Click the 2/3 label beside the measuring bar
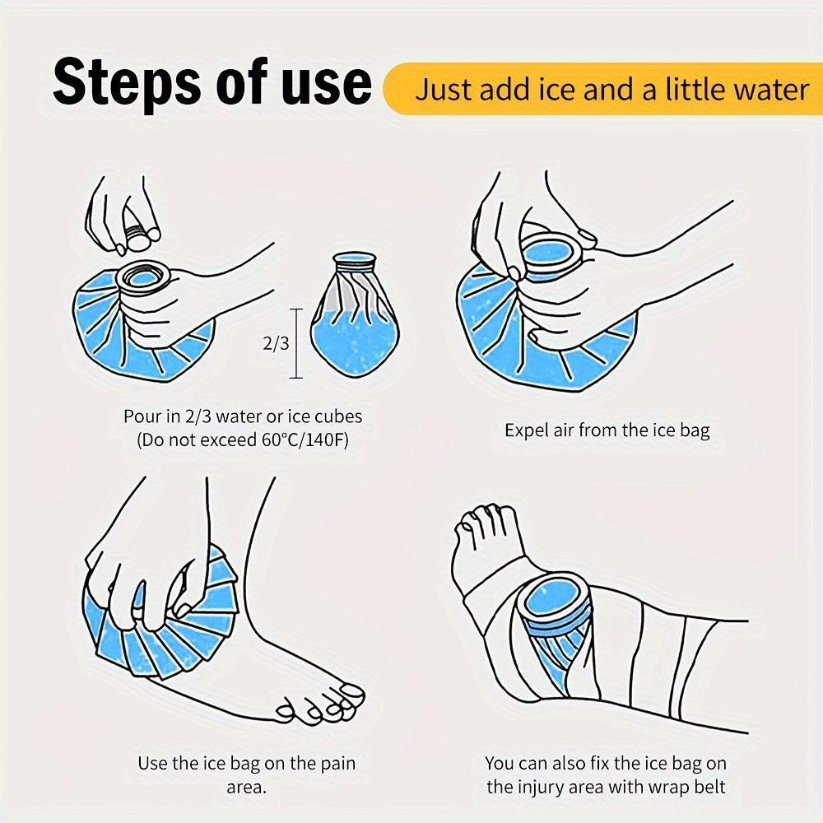click(x=276, y=343)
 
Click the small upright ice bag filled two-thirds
click(x=355, y=314)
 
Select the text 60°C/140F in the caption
click(x=305, y=439)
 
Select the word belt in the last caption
click(x=709, y=787)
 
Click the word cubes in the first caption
click(x=338, y=416)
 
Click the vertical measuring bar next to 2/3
click(x=296, y=343)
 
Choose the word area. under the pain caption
click(x=247, y=788)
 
